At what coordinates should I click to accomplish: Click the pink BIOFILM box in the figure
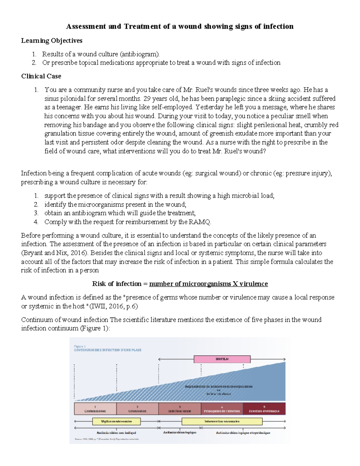tap(222, 359)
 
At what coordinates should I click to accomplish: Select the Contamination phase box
tap(95, 409)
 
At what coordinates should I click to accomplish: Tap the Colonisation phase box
tap(137, 409)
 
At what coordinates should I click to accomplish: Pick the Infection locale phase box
tap(179, 409)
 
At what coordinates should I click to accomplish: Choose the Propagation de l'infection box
tap(222, 409)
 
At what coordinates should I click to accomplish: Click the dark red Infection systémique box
tap(264, 409)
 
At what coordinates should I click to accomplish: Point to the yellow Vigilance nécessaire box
tap(116, 421)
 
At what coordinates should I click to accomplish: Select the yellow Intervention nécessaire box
tap(222, 421)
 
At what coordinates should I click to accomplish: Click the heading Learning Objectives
tap(52, 40)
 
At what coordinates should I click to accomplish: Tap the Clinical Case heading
tap(41, 76)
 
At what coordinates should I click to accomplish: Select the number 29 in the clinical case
tap(146, 98)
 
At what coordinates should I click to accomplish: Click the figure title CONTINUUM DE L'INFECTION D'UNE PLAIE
tap(108, 350)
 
